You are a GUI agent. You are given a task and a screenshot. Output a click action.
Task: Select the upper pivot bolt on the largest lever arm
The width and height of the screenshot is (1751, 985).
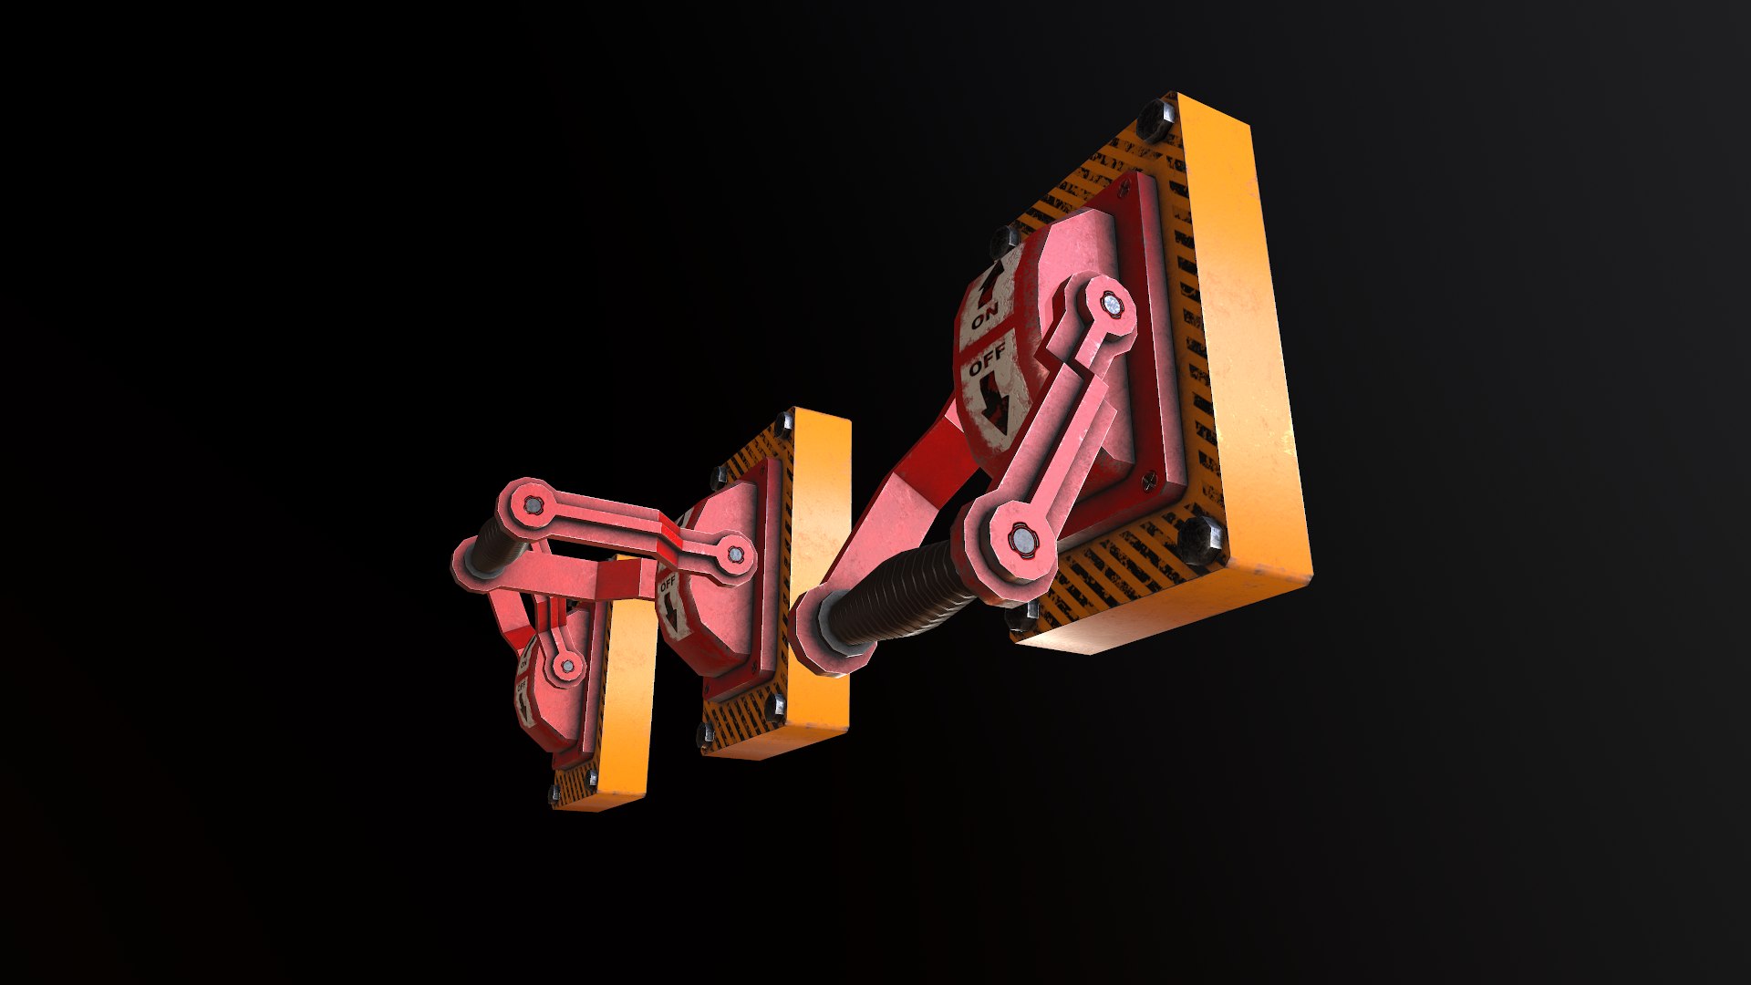(x=1112, y=306)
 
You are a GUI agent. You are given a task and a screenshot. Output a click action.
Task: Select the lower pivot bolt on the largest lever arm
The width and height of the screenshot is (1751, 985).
(x=1023, y=542)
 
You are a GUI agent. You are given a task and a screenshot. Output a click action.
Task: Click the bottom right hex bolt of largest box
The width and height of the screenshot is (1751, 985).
(x=1199, y=539)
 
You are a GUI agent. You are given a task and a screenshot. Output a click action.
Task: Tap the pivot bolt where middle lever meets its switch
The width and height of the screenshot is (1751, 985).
(x=734, y=554)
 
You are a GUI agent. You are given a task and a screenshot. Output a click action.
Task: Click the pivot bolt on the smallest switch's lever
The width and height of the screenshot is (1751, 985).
(x=567, y=666)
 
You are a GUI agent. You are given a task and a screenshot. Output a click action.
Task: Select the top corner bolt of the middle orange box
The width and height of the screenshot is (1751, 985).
(x=783, y=422)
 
